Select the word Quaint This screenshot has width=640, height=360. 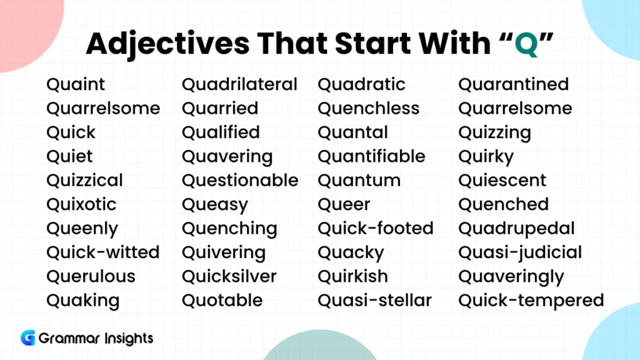76,84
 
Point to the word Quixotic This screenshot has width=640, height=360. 81,204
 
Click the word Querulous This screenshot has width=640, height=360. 91,276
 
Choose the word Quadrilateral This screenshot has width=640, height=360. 239,84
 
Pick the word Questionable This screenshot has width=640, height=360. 240,181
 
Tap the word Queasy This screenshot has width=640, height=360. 214,205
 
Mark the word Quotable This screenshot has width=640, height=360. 222,301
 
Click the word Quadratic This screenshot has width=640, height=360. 361,84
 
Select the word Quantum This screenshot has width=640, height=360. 359,181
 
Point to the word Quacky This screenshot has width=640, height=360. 351,253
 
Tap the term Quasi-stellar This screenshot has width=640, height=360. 374,301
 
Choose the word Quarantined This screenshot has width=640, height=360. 513,84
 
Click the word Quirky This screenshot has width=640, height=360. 486,157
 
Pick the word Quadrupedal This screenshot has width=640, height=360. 516,229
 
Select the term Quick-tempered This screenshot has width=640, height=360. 531,301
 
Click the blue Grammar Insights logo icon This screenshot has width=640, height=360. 27,338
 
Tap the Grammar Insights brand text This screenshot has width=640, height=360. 96,339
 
